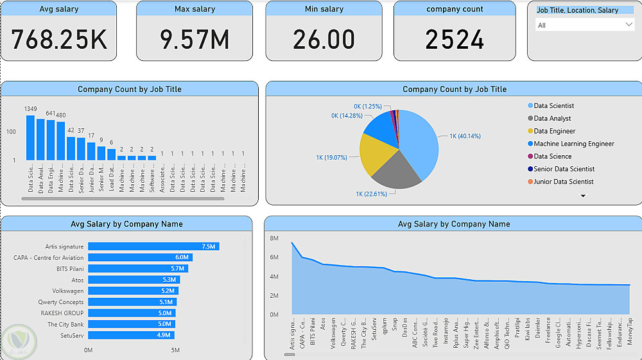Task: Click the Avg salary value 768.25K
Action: tap(59, 40)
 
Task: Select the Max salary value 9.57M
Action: tap(195, 40)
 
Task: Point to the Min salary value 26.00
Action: tap(324, 40)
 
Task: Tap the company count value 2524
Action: tap(455, 40)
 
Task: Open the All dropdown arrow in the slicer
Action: tap(629, 24)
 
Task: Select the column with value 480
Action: tap(61, 141)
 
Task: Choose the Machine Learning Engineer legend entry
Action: tap(573, 144)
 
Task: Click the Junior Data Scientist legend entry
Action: tap(563, 182)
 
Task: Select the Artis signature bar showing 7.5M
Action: tap(153, 246)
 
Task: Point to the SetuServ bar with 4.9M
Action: tap(130, 335)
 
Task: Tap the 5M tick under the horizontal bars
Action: tap(175, 350)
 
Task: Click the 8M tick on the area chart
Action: tap(273, 238)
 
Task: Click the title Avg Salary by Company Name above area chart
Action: tap(454, 224)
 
